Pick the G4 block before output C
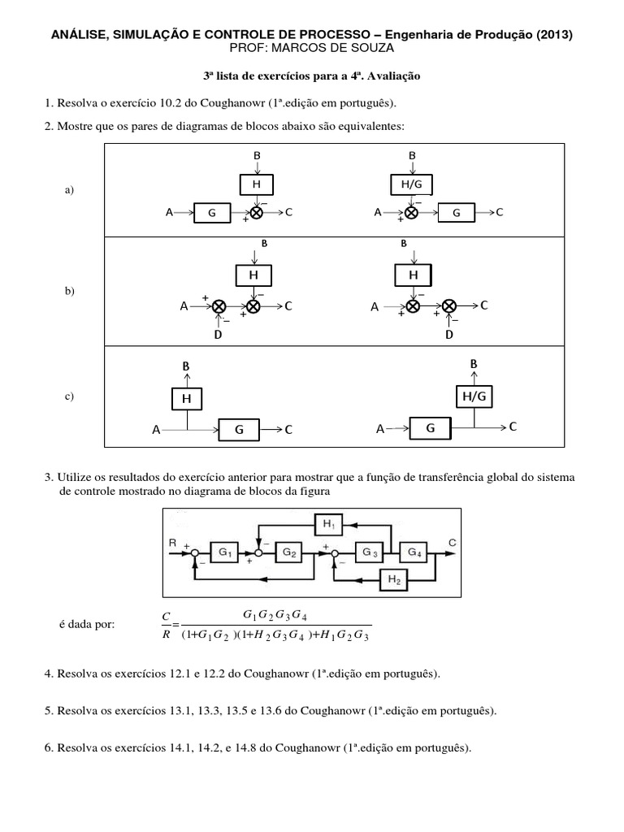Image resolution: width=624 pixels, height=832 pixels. (414, 552)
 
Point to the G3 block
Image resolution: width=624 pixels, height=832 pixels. (370, 552)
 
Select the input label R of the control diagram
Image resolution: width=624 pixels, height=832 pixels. (172, 542)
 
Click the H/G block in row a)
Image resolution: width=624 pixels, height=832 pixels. (412, 184)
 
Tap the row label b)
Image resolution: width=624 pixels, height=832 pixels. (68, 291)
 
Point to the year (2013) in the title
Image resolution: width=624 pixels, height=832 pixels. (555, 34)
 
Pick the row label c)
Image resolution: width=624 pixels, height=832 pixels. (68, 396)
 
